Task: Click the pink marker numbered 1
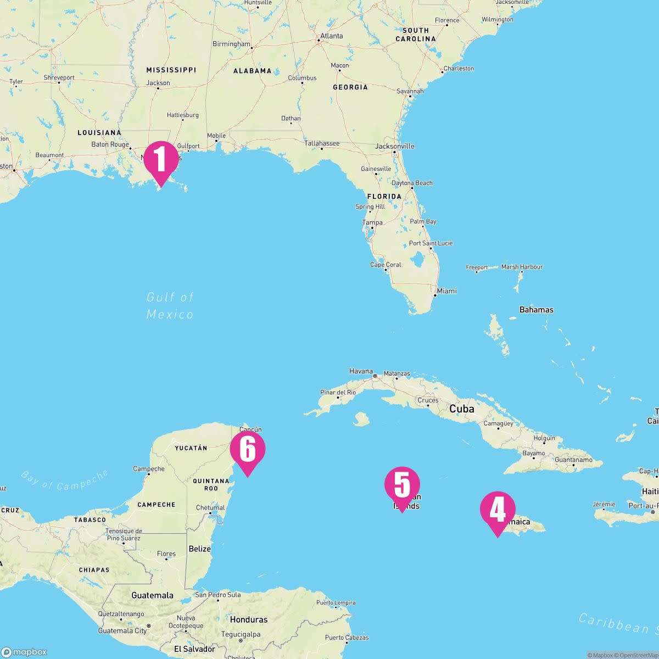[x=161, y=159]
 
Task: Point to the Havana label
[x=361, y=371]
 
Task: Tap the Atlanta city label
[x=331, y=36]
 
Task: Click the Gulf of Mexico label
[x=170, y=306]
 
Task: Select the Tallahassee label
[x=322, y=144]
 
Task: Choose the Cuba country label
[x=461, y=409]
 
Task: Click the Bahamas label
[x=536, y=310]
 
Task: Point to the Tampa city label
[x=372, y=222]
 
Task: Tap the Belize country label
[x=199, y=549]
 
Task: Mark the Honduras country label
[x=248, y=619]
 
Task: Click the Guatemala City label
[x=122, y=631]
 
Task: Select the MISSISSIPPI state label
[x=171, y=70]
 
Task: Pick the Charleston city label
[x=458, y=69]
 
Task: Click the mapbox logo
[x=24, y=652]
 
